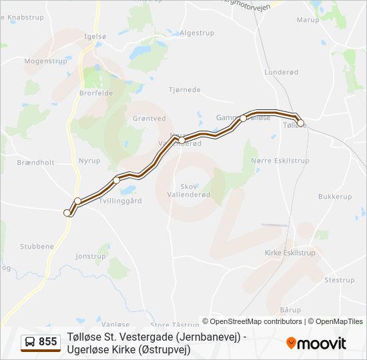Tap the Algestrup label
point(197,32)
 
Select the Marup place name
point(308,20)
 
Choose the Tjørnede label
point(185,89)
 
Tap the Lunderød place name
point(279,71)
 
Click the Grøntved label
point(149,118)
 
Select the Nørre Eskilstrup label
point(280,161)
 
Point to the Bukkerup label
point(335,197)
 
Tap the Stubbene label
point(37,246)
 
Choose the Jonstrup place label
point(91,256)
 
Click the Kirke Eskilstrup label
point(290,253)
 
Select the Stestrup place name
point(339,280)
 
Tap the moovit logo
point(316,343)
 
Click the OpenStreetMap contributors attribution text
point(252,321)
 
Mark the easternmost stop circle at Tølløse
point(300,123)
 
